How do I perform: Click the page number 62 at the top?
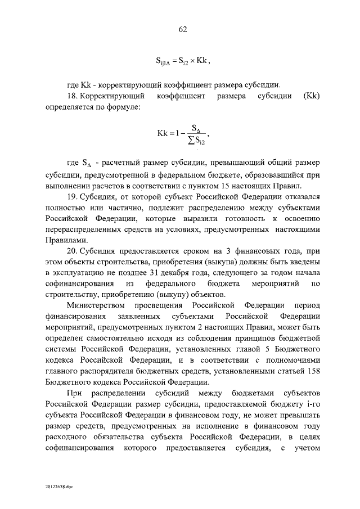pyautogui.click(x=182, y=29)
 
